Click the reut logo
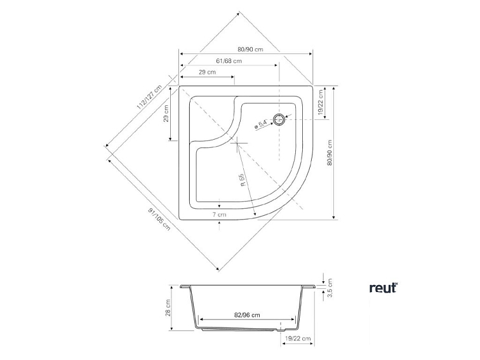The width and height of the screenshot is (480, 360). coord(383,288)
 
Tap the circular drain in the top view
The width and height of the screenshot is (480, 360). coord(279,119)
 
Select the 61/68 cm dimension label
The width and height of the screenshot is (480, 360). coord(229,61)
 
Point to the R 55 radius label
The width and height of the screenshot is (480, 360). coord(243,180)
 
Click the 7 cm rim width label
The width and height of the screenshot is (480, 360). coord(220,215)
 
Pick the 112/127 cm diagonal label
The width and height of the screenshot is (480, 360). coord(149,97)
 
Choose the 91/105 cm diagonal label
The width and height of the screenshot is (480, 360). coord(159,219)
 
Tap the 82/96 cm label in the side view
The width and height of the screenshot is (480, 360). coord(247,315)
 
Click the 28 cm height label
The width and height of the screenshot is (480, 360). coord(168,309)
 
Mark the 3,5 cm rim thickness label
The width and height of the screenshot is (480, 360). coord(330,288)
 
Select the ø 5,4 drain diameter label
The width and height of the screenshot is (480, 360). coord(261,124)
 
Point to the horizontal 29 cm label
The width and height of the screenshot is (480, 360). coord(207,72)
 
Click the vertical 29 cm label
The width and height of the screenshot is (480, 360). coord(166,114)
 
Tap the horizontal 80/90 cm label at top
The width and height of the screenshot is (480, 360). coord(250,50)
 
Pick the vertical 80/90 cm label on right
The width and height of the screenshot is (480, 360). coord(330,153)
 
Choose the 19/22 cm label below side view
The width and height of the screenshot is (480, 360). coord(298,338)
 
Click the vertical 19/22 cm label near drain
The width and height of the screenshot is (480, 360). coord(320,102)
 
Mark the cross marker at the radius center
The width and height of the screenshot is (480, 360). coord(238,143)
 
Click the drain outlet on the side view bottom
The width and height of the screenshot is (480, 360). coord(281,330)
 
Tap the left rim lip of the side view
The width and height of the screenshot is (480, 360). coord(185,286)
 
